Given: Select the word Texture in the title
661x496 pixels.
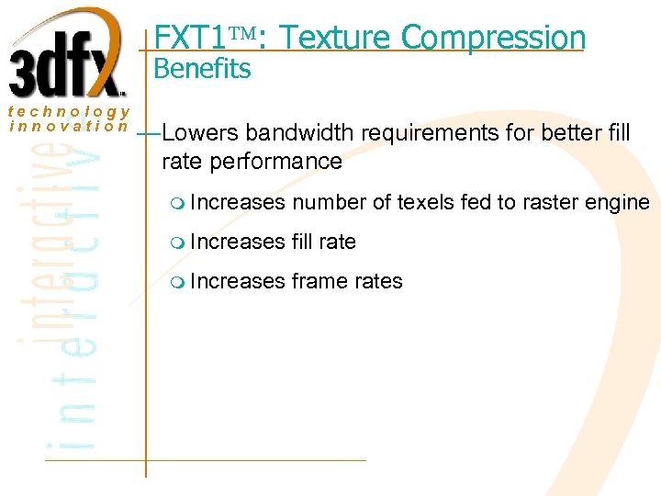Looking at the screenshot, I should tap(336, 38).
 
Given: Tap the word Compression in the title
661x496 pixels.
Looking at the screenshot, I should tap(493, 38).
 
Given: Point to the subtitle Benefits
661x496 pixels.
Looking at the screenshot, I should tap(202, 69).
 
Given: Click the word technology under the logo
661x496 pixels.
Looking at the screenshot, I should tap(68, 111).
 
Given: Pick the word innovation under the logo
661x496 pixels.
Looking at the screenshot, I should tap(68, 126).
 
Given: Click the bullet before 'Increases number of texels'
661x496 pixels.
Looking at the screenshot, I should tap(177, 203).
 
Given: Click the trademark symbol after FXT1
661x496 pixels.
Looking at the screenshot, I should tap(242, 37).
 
